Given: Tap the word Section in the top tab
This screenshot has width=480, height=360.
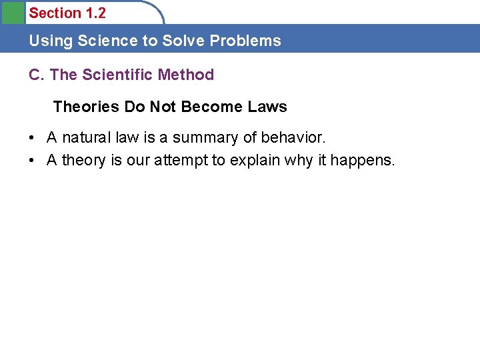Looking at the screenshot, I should pos(54,13).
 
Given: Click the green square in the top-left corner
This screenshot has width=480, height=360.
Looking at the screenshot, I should pos(12,12).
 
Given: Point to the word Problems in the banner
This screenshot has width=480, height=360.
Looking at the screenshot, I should pos(245,41).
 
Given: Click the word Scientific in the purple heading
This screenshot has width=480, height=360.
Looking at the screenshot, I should pos(118,75).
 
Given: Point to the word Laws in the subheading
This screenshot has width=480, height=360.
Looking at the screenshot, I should pos(267,107).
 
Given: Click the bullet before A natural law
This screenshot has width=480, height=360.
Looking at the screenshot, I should pos(32,138).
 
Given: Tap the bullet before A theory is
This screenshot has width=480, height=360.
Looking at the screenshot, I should pos(32,161).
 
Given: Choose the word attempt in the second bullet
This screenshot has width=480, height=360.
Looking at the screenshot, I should pos(181,161).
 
